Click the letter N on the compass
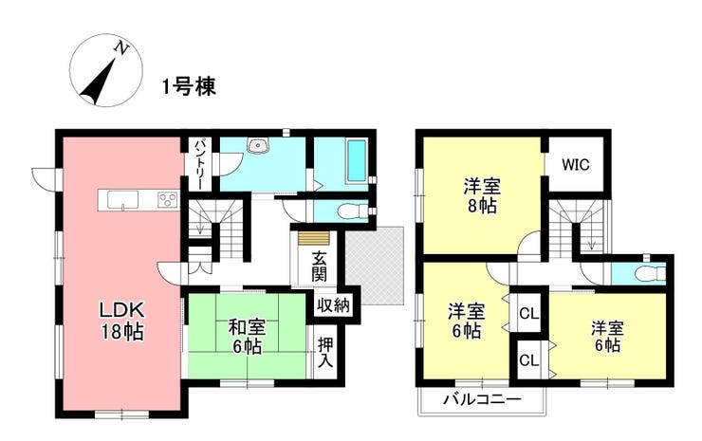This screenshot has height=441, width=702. coord(120,47)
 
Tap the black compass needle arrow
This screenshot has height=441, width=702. coord(99,81)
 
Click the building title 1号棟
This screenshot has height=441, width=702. coord(189,86)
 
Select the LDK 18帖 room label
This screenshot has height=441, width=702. coord(120,321)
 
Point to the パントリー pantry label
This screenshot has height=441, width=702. coord(200,164)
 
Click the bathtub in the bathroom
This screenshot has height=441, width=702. coord(358,161)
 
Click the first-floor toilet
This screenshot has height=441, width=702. coord(351,211)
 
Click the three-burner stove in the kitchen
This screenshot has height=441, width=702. coord(168,199)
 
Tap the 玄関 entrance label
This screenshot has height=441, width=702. coord(319,266)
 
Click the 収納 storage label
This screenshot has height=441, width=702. coord(333,305)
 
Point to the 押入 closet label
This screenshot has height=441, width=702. coord(325,353)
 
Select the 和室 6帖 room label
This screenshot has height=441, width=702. coord(248,337)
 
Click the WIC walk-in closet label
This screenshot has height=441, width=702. coord(576,165)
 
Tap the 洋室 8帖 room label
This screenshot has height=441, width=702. coord(482,195)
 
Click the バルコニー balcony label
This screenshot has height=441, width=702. coord(483,398)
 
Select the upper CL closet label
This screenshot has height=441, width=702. coord(529,314)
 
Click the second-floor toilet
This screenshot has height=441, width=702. coord(651,272)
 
